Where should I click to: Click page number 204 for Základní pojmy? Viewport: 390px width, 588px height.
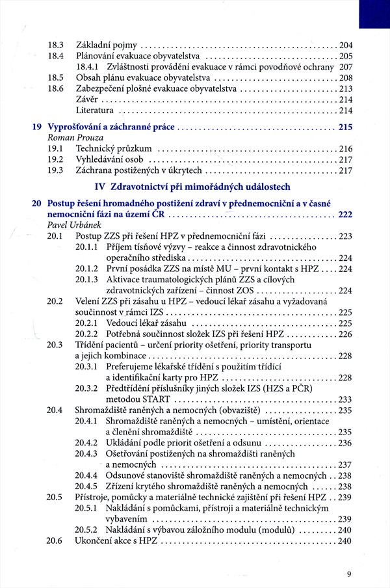(345, 45)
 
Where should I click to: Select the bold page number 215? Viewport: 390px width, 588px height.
(345, 127)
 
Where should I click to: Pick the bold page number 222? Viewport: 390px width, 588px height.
(345, 214)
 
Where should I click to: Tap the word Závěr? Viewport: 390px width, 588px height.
(88, 100)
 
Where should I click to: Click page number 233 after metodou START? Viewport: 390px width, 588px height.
(345, 399)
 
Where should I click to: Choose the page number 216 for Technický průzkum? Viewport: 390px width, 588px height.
(345, 149)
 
